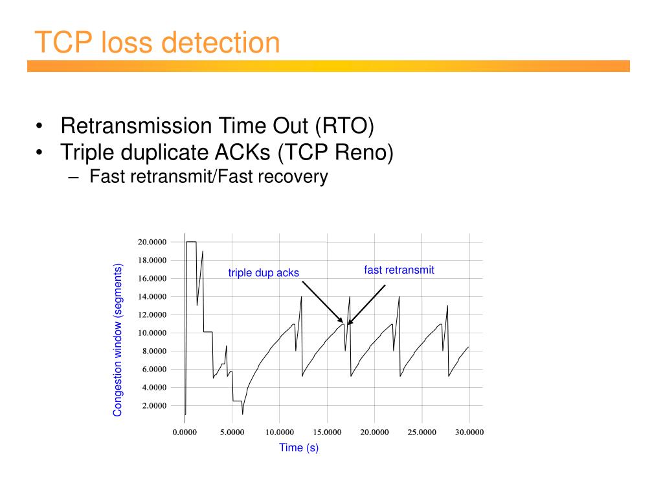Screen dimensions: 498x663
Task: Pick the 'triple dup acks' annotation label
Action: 264,273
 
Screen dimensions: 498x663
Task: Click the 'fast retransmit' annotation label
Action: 399,270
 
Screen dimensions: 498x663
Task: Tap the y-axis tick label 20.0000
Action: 152,243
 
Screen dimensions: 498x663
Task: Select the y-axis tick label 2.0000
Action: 154,406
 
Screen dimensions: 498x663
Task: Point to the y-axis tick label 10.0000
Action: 152,333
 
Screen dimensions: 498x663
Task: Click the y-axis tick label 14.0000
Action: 152,297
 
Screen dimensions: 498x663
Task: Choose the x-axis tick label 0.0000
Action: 185,433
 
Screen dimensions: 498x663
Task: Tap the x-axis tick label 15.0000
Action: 327,433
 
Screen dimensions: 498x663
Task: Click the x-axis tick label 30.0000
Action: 469,433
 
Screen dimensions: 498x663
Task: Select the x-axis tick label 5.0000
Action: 232,433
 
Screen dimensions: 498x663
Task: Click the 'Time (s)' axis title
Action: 298,447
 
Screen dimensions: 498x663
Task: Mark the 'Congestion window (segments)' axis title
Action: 118,340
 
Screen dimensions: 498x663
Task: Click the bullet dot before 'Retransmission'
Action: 40,126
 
